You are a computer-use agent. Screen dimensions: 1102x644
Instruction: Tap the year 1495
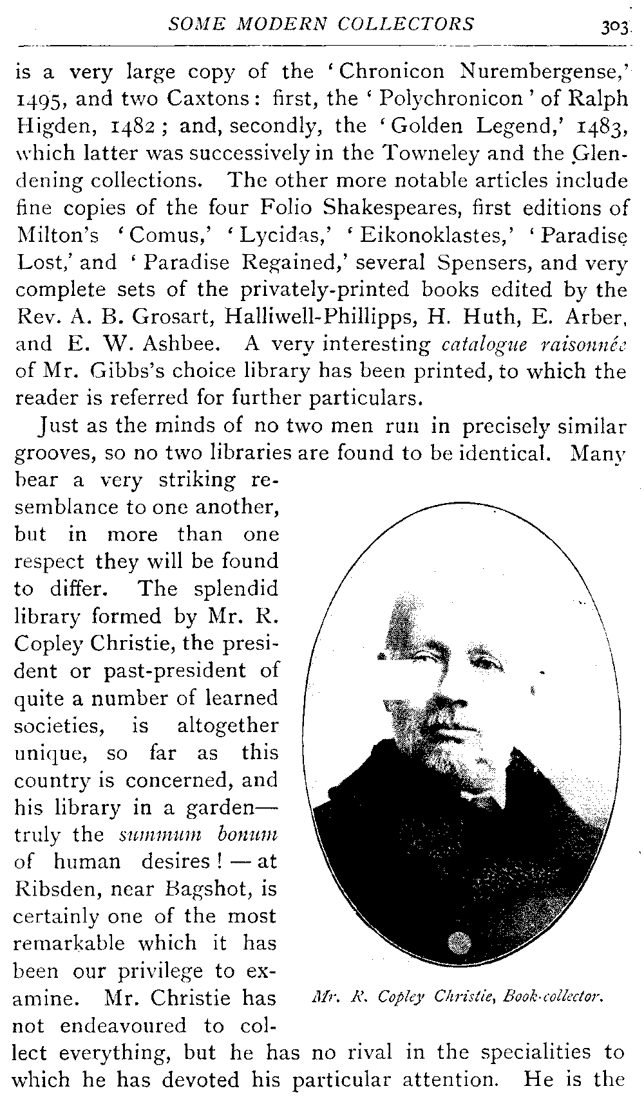[x=40, y=99]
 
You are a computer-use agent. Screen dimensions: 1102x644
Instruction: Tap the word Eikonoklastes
[x=429, y=235]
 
